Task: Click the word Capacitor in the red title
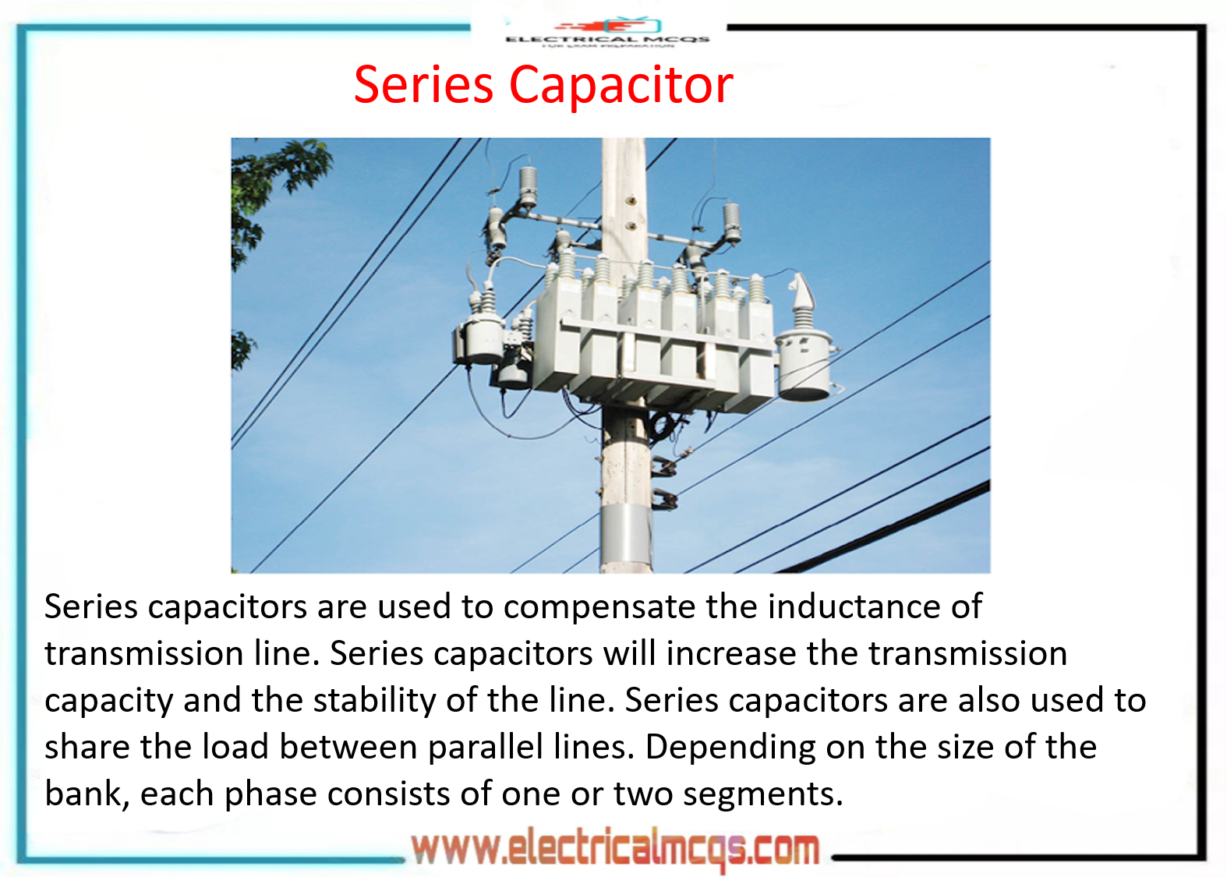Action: [621, 84]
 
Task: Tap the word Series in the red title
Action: [423, 84]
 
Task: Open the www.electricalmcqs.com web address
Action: [615, 849]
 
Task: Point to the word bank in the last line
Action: [83, 794]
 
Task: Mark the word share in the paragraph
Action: [87, 747]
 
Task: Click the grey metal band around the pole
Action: [625, 530]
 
